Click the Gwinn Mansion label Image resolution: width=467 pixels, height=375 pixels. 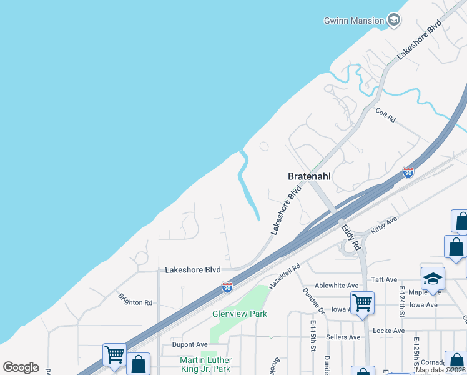(353, 21)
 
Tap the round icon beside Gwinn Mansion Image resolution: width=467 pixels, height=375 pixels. (394, 20)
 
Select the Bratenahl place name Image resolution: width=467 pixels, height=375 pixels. (309, 176)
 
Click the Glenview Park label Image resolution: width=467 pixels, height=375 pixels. (240, 314)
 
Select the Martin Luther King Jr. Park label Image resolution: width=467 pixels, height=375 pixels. (206, 364)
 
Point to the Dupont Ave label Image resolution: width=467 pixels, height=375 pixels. (190, 344)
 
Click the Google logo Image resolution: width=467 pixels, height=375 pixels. (21, 367)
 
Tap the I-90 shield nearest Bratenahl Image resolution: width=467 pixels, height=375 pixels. (408, 172)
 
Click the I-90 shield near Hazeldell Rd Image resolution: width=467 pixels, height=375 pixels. (227, 287)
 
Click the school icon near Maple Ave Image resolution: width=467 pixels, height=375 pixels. (433, 279)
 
